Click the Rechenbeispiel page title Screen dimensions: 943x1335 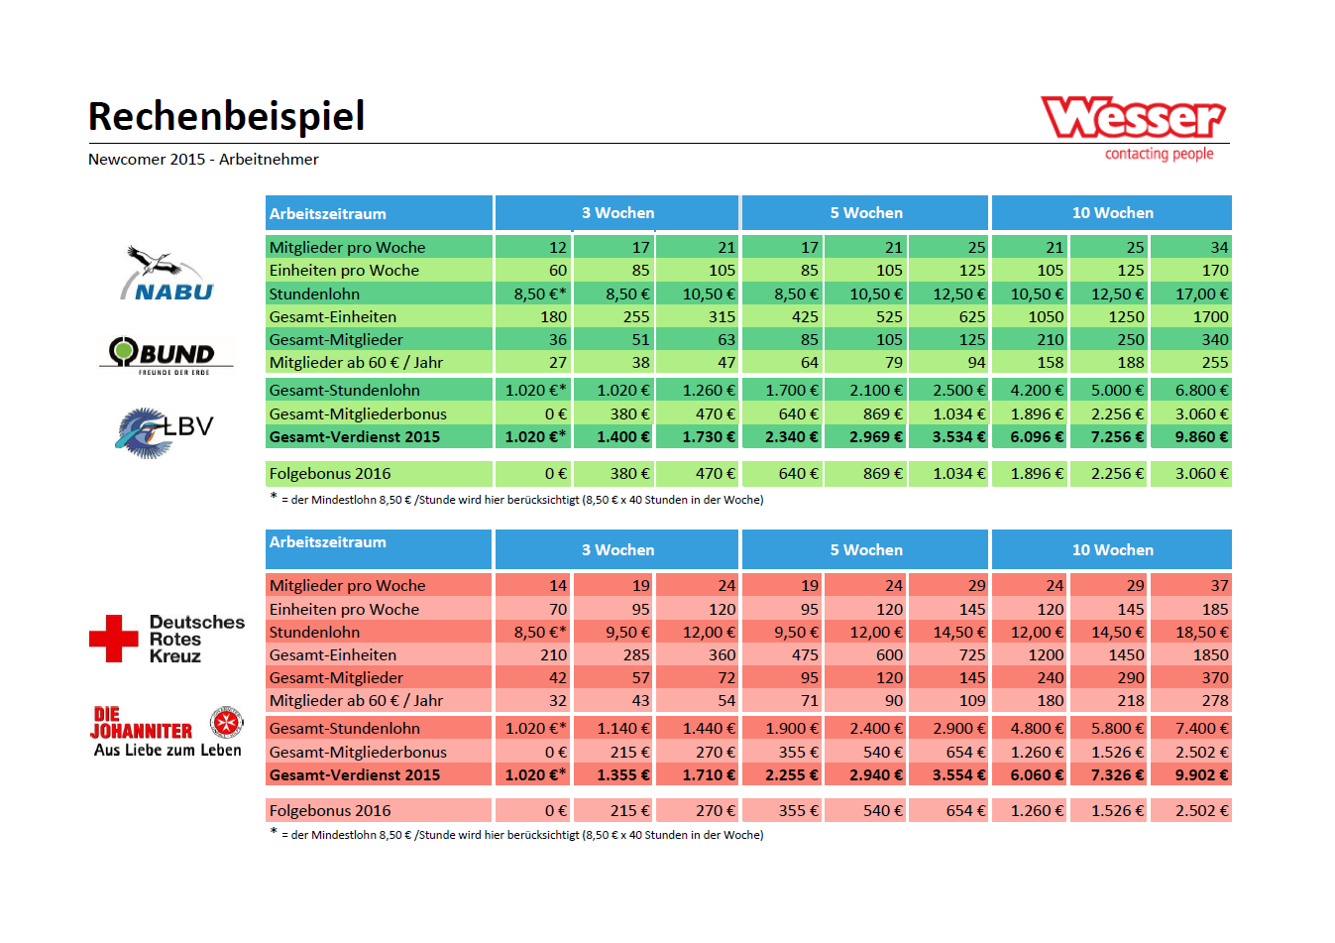226,116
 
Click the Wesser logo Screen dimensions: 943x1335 1133,118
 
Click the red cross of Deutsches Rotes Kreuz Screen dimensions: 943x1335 114,639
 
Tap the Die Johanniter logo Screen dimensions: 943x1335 167,732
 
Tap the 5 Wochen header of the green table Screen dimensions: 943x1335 865,213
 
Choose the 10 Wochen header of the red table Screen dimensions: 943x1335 1112,550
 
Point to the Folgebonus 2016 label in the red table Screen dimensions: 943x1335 330,810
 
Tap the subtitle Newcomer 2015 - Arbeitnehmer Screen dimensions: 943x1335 203,160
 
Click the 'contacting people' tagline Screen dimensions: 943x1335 1159,154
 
